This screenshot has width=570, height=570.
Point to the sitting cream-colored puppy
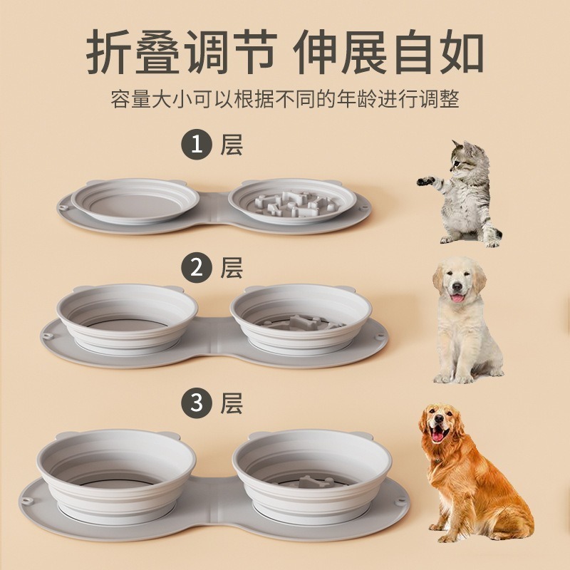464,321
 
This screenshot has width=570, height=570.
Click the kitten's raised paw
425,182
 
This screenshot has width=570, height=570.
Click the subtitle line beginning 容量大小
285,98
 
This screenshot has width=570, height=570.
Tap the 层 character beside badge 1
232,145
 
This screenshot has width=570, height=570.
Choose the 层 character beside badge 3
232,403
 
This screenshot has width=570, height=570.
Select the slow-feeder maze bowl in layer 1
292,201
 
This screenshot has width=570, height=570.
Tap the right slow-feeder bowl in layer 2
301,317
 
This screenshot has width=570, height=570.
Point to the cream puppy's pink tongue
457,297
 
